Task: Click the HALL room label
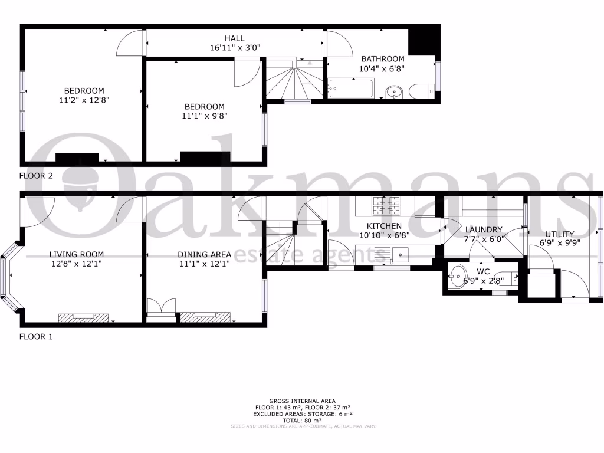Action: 234,38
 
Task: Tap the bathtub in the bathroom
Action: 350,88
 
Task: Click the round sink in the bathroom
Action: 394,91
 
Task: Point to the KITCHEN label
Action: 384,226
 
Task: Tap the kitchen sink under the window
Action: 402,255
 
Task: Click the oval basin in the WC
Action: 458,277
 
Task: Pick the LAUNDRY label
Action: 484,229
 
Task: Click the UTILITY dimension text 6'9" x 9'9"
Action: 560,242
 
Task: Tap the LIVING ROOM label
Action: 77,255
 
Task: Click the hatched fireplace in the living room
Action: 84,317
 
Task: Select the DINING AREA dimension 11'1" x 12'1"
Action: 204,264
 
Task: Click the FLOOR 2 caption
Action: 37,176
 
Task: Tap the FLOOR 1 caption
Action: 37,337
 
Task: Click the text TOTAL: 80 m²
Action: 302,419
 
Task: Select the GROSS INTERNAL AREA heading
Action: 302,401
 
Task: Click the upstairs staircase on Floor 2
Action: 293,81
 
